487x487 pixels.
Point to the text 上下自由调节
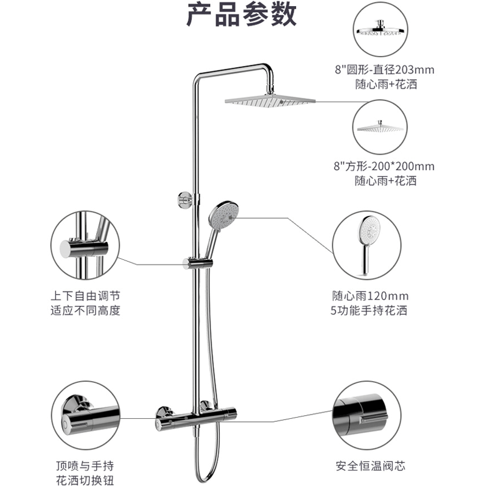[85, 296]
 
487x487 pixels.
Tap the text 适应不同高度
[85, 310]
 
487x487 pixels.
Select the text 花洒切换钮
[85, 482]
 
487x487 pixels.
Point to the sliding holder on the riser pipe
[197, 263]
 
